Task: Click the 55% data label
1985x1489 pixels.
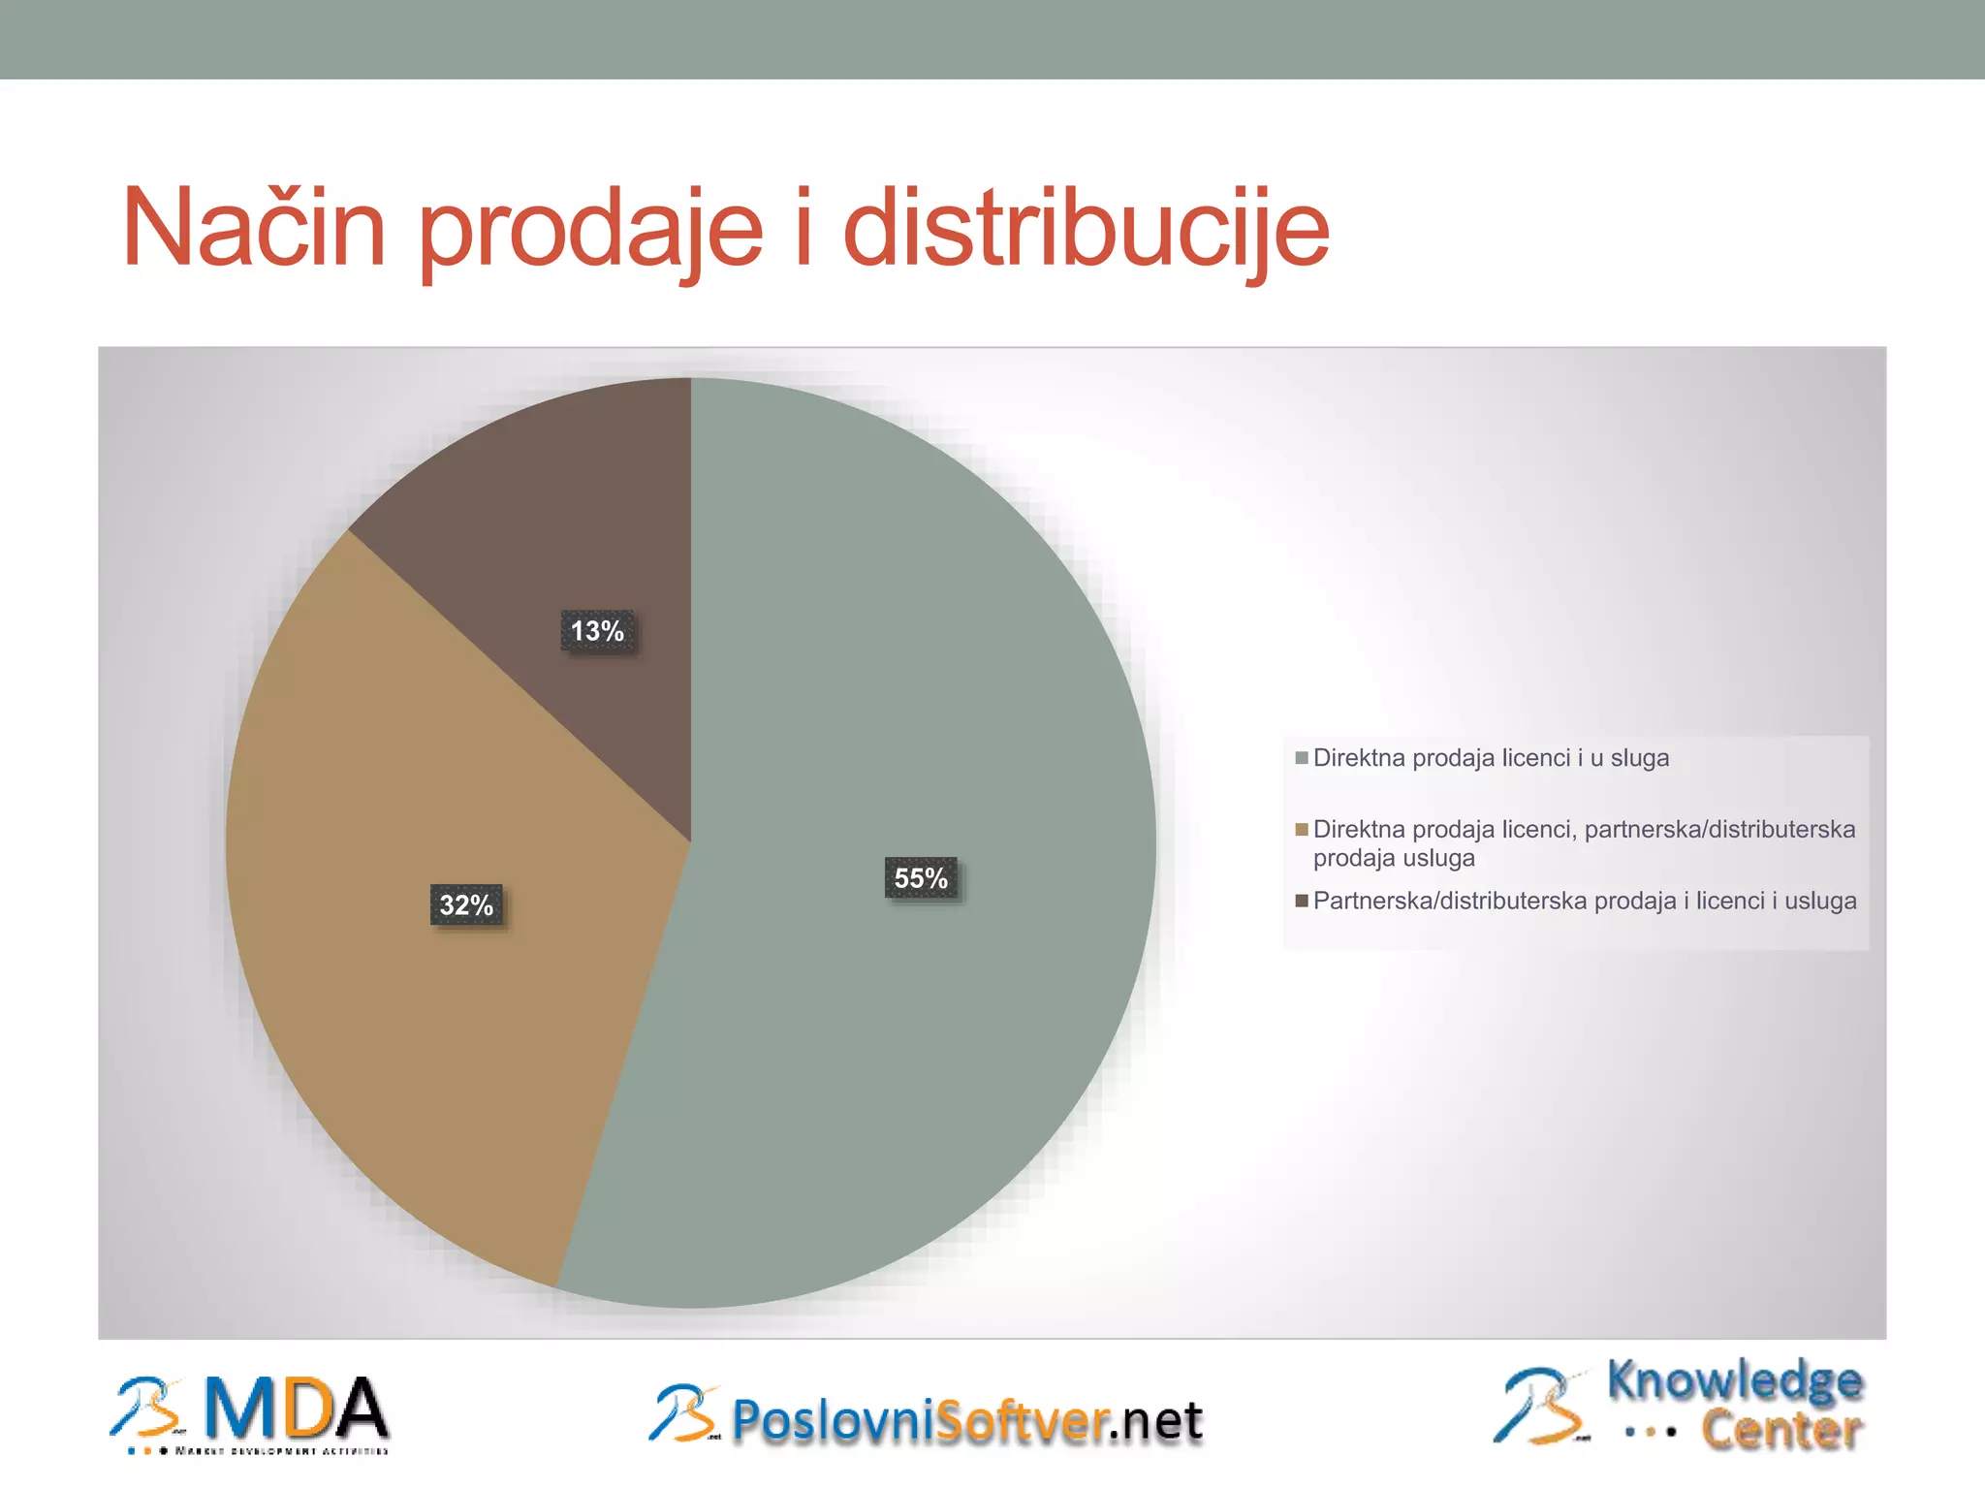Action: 921,878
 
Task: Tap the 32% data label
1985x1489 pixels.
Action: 466,905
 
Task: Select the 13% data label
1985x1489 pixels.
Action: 597,631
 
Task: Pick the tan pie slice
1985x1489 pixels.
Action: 407,1018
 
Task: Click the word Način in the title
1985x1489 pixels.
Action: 255,229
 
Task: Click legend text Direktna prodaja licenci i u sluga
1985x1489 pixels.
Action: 1491,758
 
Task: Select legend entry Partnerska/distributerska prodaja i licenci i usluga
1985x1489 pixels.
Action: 1584,902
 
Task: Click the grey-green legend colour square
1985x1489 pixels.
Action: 1302,758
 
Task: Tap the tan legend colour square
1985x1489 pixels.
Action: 1302,830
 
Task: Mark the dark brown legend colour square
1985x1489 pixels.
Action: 1302,902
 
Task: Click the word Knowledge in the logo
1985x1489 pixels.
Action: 1734,1381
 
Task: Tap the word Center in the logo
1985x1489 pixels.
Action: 1781,1430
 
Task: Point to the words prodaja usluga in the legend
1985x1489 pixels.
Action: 1394,858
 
